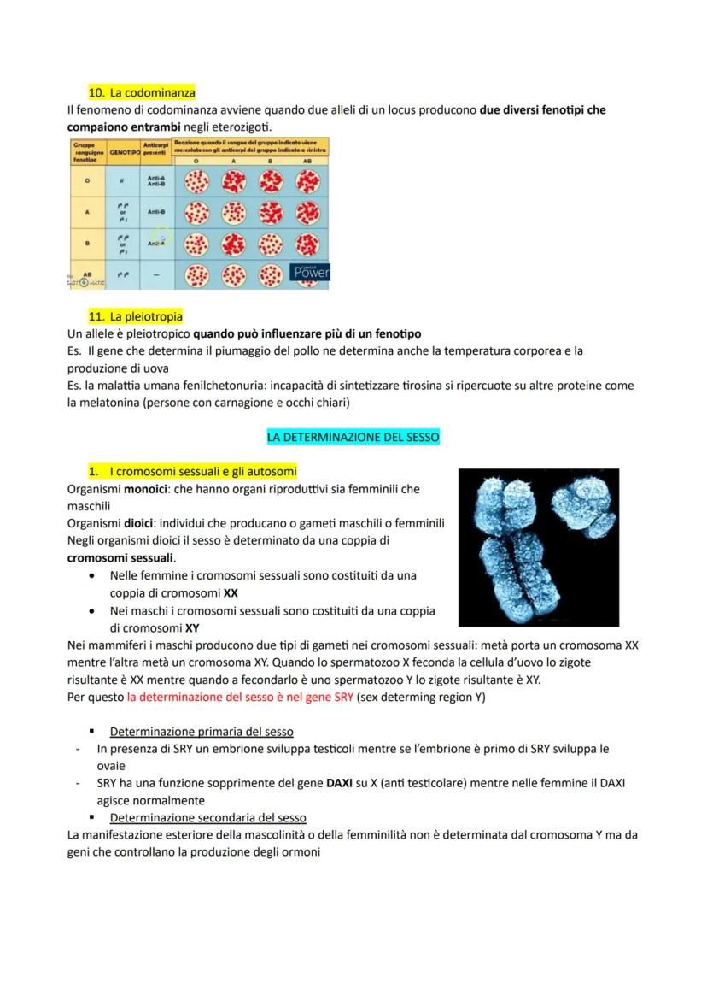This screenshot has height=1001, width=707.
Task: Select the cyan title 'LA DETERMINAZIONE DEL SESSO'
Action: [x=353, y=437]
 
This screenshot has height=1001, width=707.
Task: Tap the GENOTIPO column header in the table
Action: [x=124, y=151]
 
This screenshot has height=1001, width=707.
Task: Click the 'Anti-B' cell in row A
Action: [x=155, y=211]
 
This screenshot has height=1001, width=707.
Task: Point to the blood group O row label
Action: [x=86, y=180]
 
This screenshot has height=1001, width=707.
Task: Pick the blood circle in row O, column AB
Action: [x=307, y=180]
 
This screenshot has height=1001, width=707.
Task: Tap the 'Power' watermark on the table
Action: [x=310, y=272]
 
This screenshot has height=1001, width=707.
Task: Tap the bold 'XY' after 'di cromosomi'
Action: [x=192, y=627]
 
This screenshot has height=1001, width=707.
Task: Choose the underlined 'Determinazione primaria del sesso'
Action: [x=202, y=732]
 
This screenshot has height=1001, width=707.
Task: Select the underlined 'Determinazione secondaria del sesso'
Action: [x=207, y=817]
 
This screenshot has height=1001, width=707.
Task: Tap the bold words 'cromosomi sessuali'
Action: [x=120, y=557]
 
